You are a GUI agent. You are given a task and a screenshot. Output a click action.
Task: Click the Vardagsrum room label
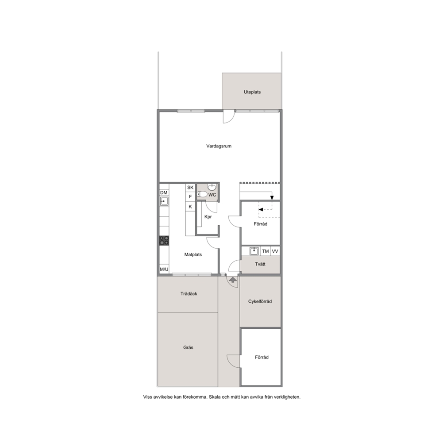[219, 146]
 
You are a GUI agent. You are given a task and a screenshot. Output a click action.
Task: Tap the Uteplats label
[252, 92]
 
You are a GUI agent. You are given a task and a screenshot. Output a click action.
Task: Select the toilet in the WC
[202, 194]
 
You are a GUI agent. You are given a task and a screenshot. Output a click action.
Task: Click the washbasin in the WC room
[212, 187]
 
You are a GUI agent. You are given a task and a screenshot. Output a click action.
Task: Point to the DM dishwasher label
[164, 193]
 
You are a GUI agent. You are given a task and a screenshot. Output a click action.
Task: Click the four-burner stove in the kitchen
[164, 240]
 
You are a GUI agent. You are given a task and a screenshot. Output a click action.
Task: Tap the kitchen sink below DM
[164, 201]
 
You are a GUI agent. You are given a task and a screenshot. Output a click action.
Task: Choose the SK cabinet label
[190, 188]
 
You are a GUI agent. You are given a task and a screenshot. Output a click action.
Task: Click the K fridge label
[190, 207]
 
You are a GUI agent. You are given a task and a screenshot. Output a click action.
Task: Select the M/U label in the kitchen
[164, 270]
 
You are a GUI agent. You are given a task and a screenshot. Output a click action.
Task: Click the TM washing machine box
[266, 251]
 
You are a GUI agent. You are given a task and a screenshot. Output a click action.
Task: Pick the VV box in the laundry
[275, 251]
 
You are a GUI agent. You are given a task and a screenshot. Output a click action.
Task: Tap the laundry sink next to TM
[254, 251]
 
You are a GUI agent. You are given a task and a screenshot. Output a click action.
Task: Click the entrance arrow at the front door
[232, 279]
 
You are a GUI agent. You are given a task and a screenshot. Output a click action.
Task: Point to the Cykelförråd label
[260, 301]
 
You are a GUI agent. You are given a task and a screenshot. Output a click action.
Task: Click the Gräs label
[188, 347]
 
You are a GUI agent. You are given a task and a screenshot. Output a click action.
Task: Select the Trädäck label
[189, 294]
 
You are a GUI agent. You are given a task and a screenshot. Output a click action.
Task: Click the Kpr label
[208, 217]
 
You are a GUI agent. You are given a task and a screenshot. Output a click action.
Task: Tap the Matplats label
[193, 254]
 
